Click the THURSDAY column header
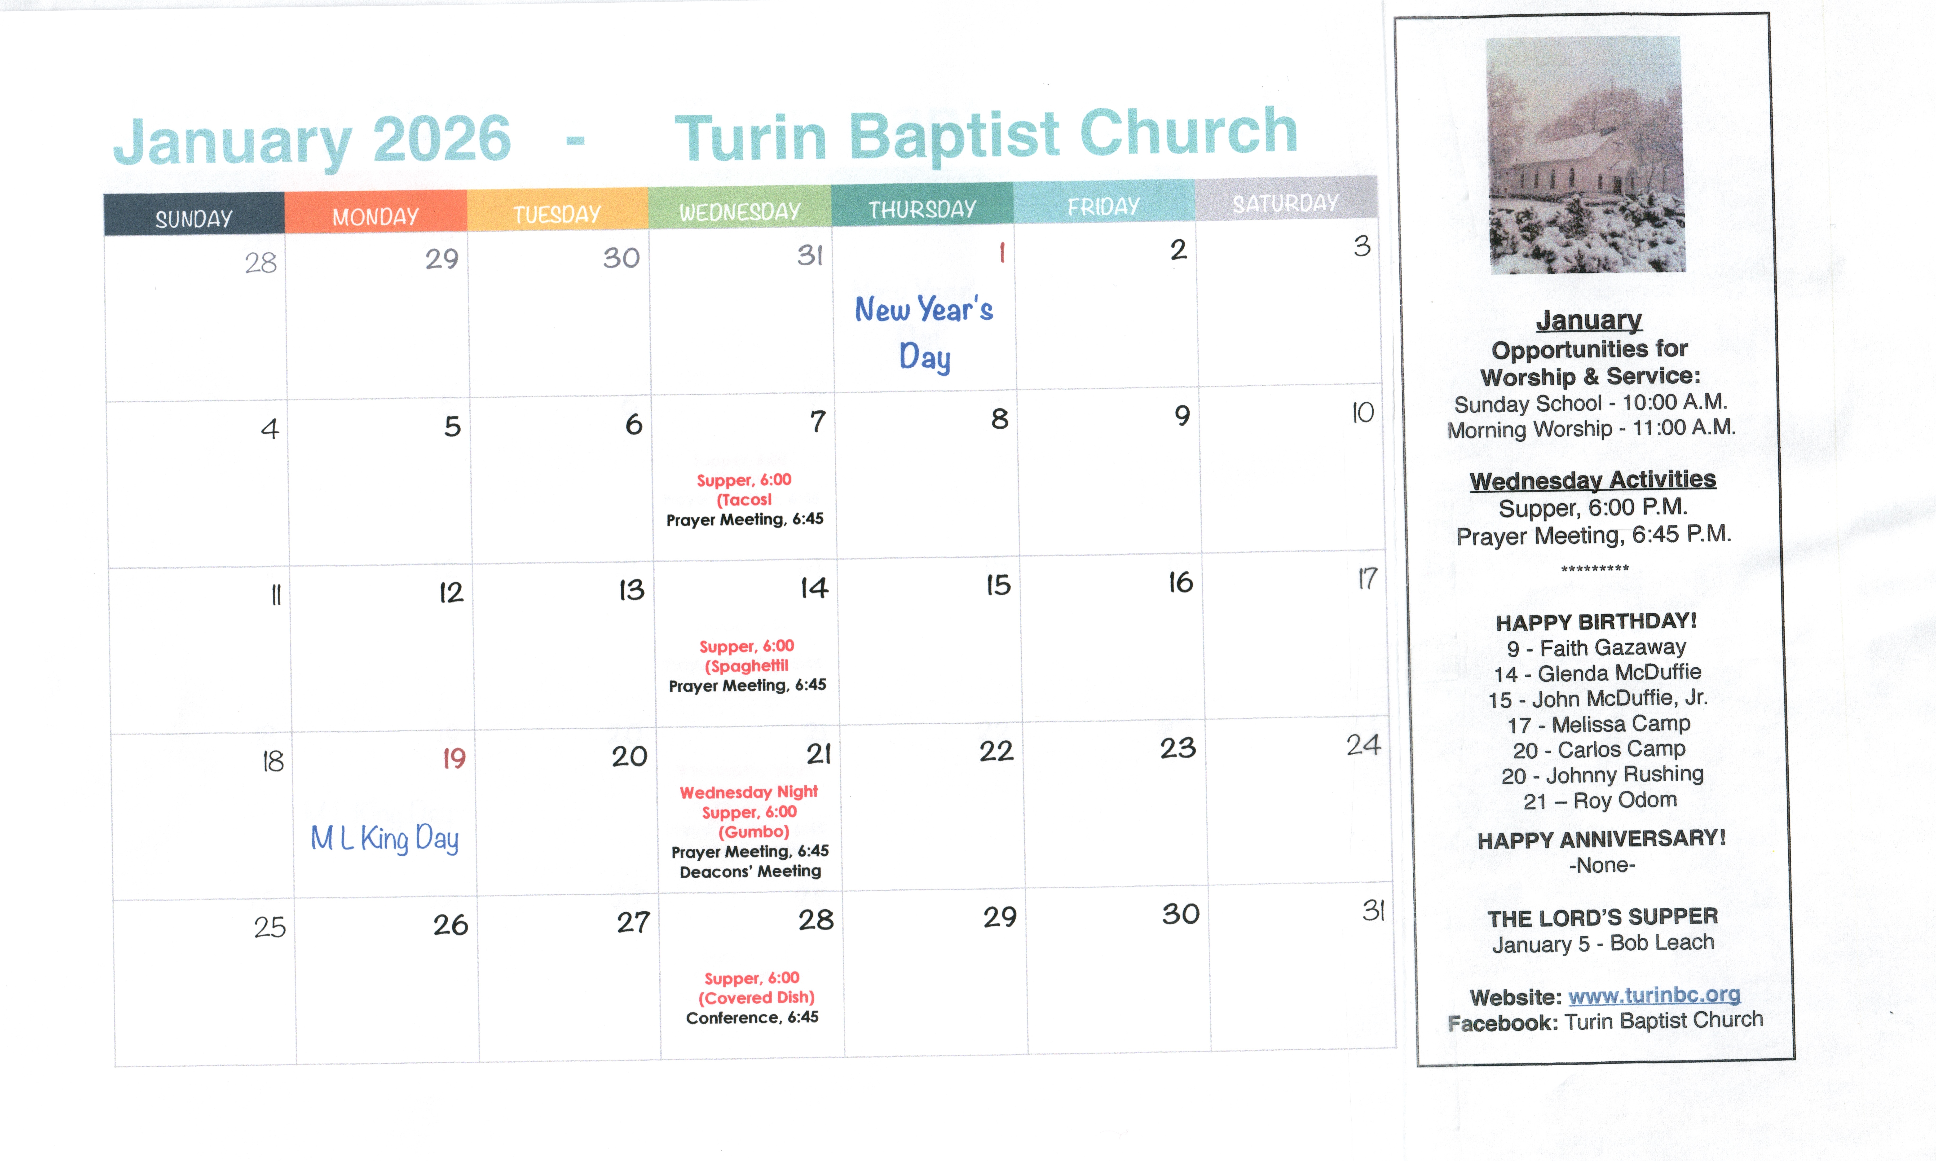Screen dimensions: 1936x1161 [922, 208]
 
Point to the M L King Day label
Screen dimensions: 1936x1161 [384, 838]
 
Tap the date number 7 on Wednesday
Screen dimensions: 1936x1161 [817, 422]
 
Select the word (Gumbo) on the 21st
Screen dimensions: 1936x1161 [753, 832]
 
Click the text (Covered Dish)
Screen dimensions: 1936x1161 [756, 998]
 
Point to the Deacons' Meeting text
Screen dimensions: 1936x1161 [750, 871]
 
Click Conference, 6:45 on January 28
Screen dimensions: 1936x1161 [752, 1017]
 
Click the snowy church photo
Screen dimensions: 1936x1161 [1586, 155]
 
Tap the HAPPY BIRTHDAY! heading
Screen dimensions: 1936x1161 [1596, 622]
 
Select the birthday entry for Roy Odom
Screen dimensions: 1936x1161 [1600, 800]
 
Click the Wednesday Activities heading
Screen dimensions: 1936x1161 [1593, 479]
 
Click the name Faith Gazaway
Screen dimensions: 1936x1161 [1613, 648]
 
